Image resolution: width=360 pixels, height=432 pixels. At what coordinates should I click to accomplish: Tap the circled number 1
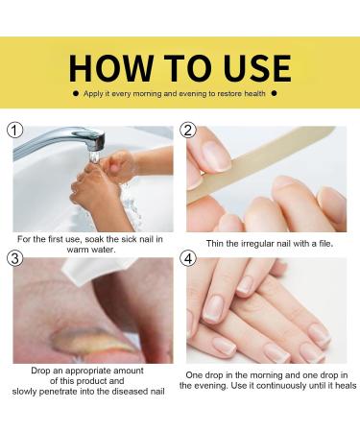click(13, 130)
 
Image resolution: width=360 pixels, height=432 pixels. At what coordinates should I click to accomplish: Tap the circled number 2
click(188, 130)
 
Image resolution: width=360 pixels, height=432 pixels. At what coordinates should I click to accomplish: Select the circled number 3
click(13, 257)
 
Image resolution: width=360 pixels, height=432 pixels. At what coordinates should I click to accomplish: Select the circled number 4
click(188, 257)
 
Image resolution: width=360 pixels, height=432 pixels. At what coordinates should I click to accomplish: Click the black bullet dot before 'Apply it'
click(76, 94)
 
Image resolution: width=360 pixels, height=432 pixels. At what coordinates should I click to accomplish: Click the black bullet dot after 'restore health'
click(275, 94)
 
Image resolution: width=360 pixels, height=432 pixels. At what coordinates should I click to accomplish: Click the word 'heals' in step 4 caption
click(341, 385)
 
